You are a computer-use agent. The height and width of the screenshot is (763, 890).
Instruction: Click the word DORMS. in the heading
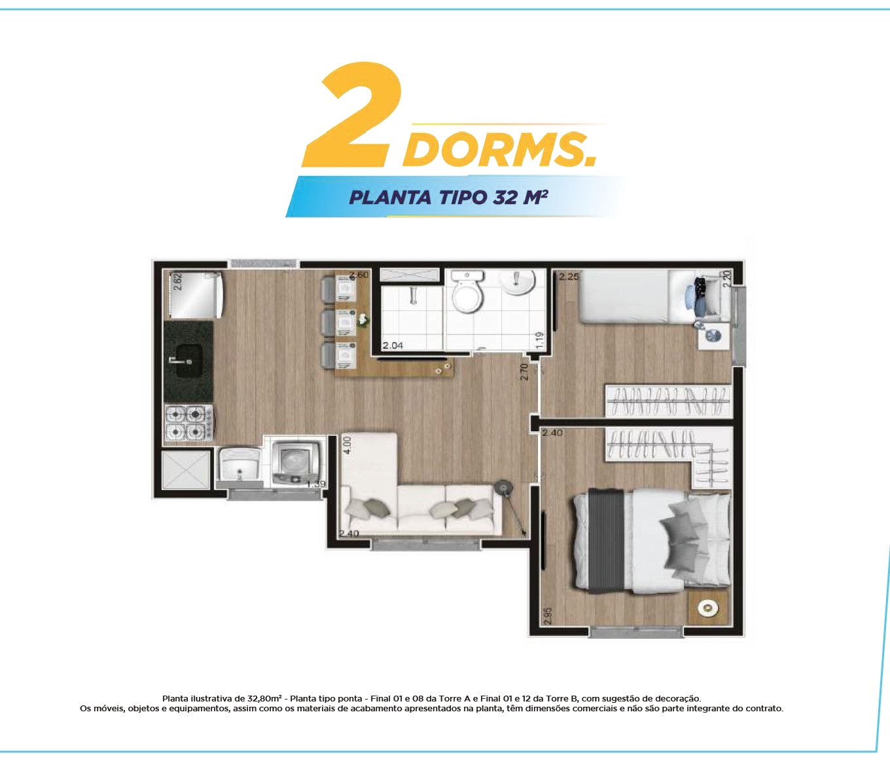tap(499, 149)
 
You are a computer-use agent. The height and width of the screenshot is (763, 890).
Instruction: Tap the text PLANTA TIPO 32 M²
tap(448, 197)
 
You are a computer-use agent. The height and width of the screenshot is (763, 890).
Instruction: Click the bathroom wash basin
tap(518, 283)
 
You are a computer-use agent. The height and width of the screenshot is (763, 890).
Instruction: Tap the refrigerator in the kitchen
tap(196, 294)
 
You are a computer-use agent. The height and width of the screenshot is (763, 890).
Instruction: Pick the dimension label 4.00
tap(348, 446)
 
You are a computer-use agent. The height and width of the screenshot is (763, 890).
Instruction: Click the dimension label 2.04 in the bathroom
tap(393, 346)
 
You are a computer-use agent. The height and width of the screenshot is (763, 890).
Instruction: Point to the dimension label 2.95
tap(548, 616)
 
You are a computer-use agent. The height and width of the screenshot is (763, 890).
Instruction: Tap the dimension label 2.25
tap(569, 277)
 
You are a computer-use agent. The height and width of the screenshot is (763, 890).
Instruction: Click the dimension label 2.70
tap(524, 372)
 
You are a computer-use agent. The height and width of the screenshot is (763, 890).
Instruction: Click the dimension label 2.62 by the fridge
tap(178, 282)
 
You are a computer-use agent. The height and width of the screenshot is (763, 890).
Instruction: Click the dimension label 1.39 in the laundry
tap(316, 484)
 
